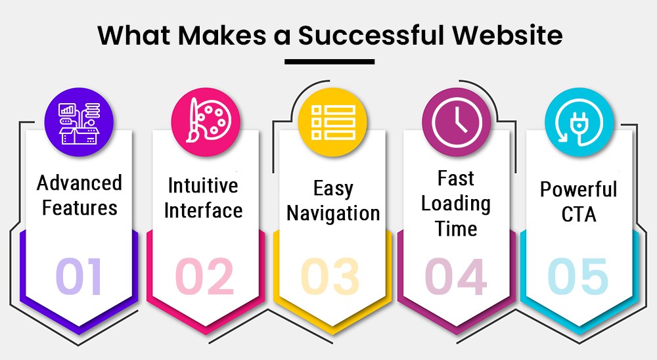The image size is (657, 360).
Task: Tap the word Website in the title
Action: click(x=507, y=35)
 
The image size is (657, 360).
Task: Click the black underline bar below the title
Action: click(x=329, y=62)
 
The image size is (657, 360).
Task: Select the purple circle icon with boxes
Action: click(x=79, y=122)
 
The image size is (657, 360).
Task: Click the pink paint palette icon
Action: click(x=205, y=122)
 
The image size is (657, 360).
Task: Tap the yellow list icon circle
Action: click(x=332, y=122)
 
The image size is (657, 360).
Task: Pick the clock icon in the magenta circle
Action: click(x=457, y=122)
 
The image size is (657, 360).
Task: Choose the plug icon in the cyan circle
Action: click(x=579, y=122)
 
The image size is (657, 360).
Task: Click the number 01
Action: click(x=79, y=277)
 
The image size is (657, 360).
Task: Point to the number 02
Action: click(x=204, y=277)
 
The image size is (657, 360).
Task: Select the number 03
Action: click(x=330, y=277)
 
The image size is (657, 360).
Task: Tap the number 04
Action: click(x=456, y=277)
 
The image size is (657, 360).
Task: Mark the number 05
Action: click(x=578, y=277)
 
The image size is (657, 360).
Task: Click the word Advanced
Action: click(x=79, y=183)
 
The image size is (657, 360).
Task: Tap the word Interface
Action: click(x=203, y=210)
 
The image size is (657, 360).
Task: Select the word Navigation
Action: click(x=333, y=214)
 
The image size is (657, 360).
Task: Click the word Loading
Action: click(x=456, y=204)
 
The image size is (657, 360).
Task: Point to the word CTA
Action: click(x=579, y=215)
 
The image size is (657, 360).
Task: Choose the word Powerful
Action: click(x=579, y=189)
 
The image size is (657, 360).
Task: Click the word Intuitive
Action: click(x=203, y=186)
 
